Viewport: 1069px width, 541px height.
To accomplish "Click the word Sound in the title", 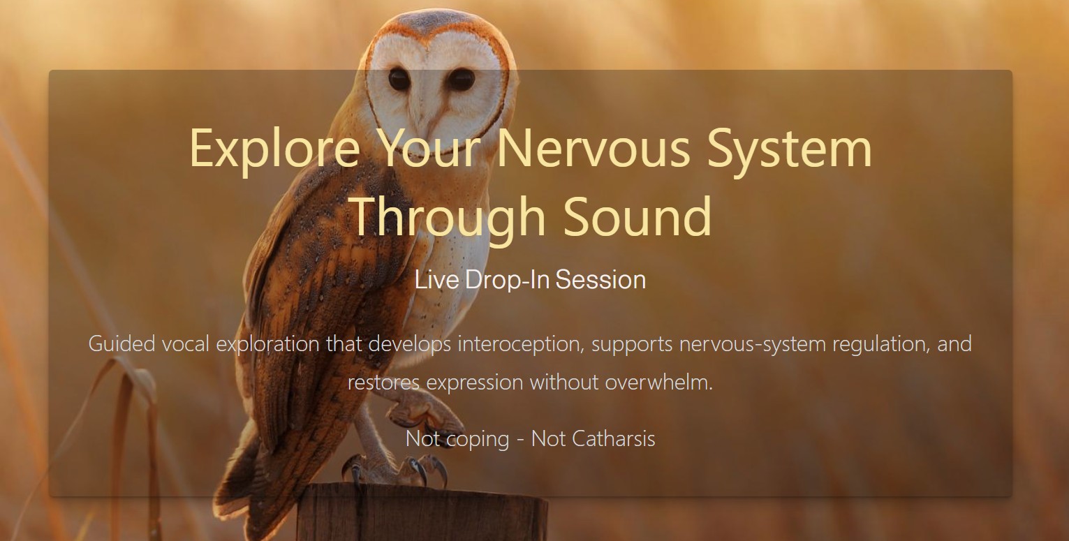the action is coord(637,216).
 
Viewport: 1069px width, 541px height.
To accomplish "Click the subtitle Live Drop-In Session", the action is coord(530,279).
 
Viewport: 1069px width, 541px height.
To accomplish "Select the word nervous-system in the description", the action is coord(753,344).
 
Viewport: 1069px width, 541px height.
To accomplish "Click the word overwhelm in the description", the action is coord(659,382).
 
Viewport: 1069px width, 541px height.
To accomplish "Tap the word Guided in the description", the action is coord(121,344).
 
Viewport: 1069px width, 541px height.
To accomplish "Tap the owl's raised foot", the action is coord(425,413).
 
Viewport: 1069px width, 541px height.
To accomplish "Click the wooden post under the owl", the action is coord(422,512).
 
